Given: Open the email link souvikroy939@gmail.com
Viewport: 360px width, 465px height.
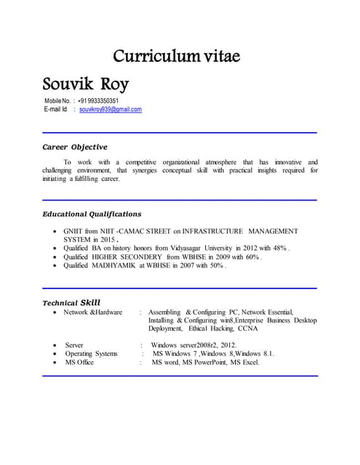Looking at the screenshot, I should click(111, 110).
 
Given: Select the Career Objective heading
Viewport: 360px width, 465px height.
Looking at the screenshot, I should click(75, 147).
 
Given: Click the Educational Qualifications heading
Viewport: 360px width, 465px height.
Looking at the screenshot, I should click(92, 214).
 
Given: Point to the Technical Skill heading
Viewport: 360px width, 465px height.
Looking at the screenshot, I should click(71, 302).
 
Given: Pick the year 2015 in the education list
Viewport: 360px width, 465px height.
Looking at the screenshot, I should click(108, 240).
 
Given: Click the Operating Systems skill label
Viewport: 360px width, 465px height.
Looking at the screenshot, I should click(91, 353).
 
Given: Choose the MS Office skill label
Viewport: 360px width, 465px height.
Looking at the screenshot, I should click(79, 362).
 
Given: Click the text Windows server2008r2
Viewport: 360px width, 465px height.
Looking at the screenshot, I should click(182, 344).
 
